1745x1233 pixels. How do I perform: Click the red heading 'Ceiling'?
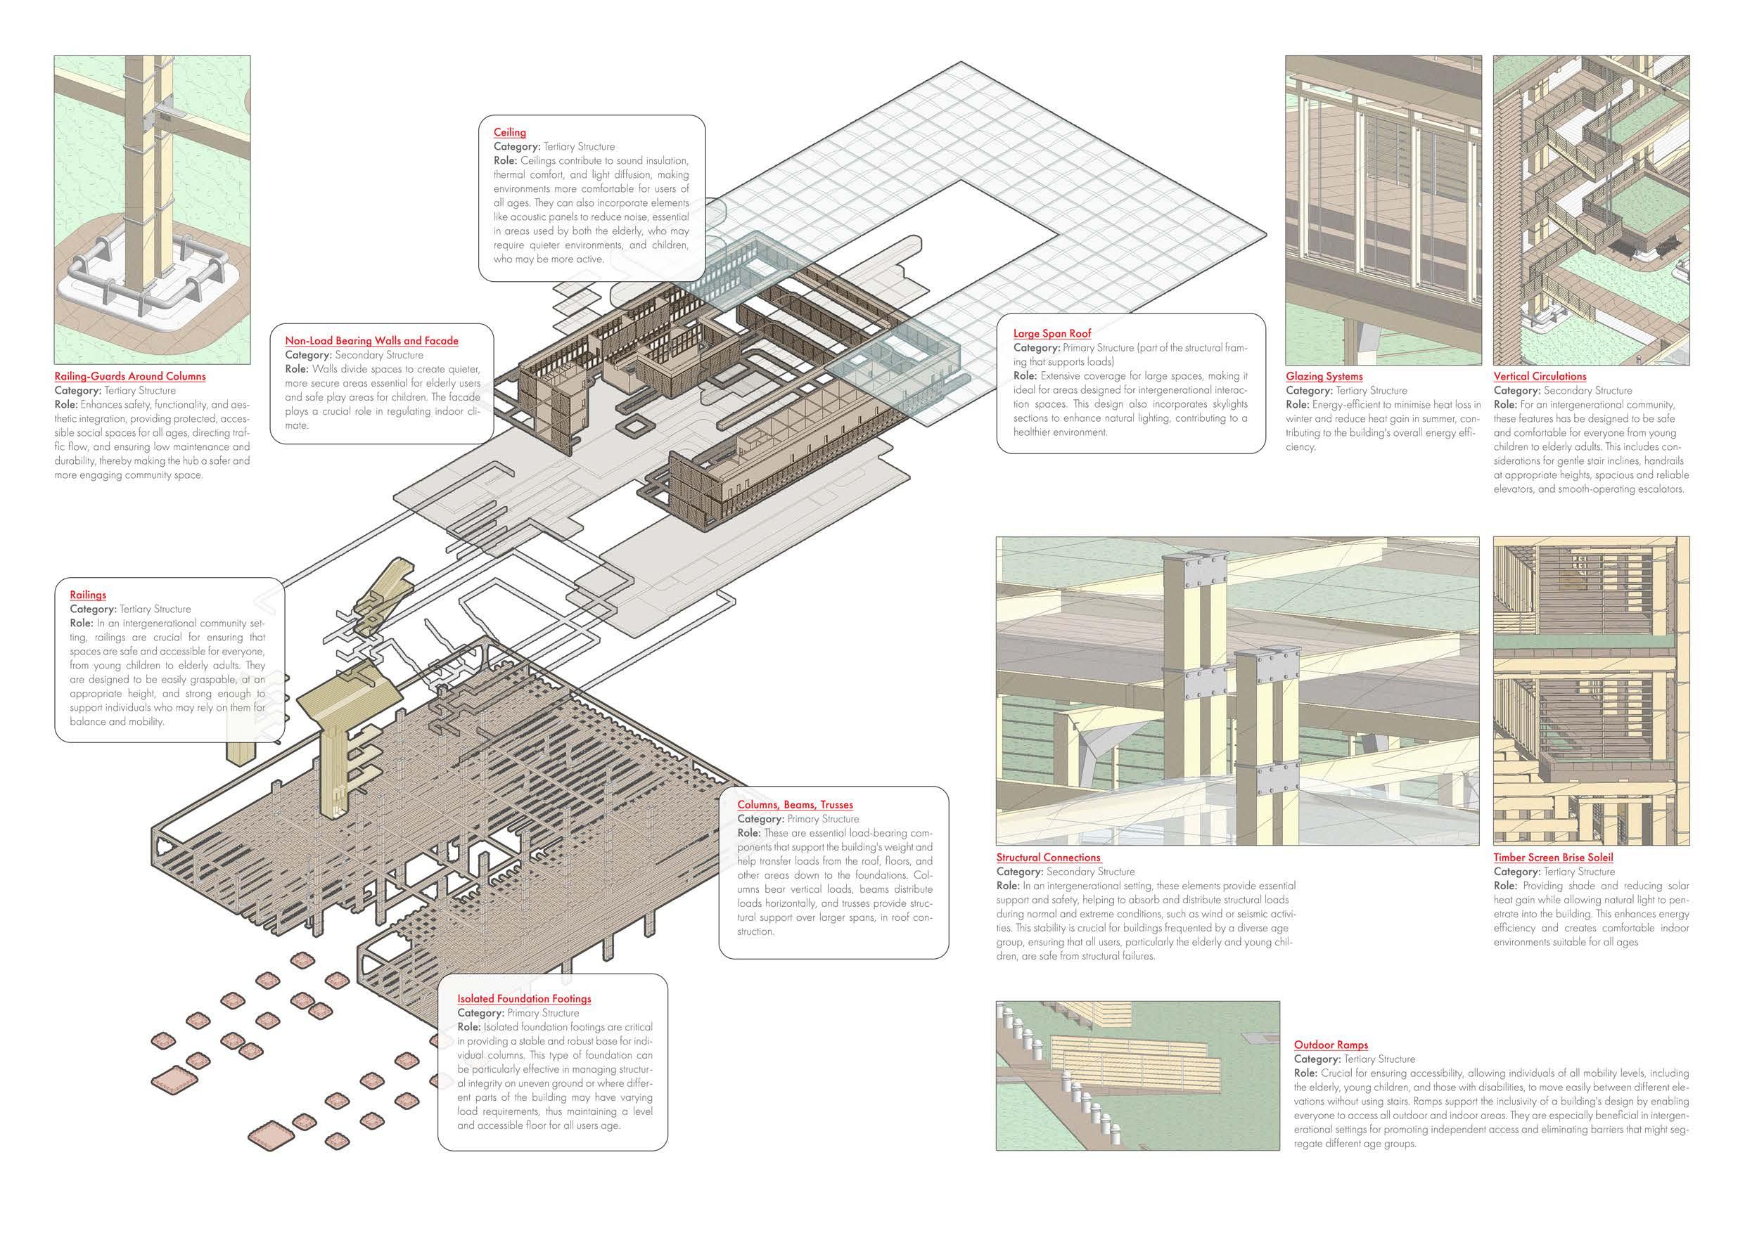[x=509, y=132]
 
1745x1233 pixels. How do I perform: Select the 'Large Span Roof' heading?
[x=1052, y=333]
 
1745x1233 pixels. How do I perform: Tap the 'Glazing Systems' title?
[x=1324, y=376]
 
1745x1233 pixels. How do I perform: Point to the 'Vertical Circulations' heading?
[x=1540, y=376]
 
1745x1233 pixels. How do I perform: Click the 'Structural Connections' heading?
[x=1048, y=857]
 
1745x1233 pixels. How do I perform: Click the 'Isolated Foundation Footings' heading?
[x=524, y=998]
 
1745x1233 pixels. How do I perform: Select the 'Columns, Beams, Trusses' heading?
[x=795, y=804]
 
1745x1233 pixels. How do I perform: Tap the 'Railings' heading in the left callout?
[x=88, y=595]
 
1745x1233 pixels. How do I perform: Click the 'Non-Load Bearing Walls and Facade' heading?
[x=371, y=340]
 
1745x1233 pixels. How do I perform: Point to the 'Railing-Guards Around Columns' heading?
[x=130, y=376]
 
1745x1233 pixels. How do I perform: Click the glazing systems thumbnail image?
[x=1383, y=209]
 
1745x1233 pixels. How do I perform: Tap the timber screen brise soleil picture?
[x=1591, y=690]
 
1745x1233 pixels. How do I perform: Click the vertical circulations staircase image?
[x=1591, y=209]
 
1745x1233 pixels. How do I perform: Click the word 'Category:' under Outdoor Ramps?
[x=1317, y=1059]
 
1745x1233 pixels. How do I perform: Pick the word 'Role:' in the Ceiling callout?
[x=506, y=160]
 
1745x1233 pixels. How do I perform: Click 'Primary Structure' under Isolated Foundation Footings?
[x=543, y=1013]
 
